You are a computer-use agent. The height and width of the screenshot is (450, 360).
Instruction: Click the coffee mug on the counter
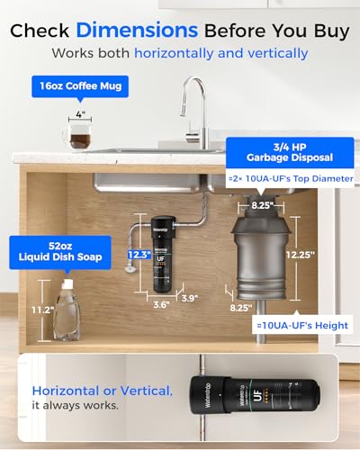click(x=80, y=136)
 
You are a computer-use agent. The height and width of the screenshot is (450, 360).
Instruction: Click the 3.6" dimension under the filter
click(x=161, y=304)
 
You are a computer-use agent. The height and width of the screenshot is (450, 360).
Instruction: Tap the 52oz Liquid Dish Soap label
click(x=59, y=252)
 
